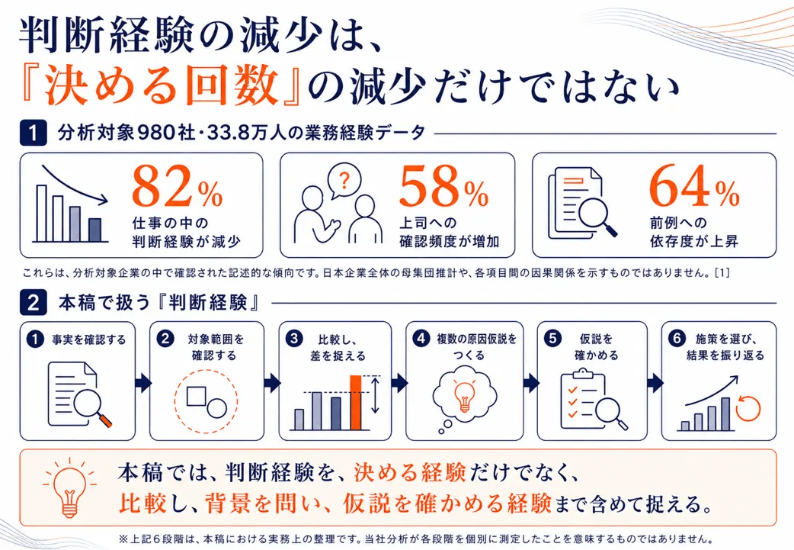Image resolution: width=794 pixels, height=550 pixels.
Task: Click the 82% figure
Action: tap(178, 187)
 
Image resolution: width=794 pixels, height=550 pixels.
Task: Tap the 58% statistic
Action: tap(443, 187)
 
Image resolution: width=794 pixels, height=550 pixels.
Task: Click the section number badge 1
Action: tap(34, 133)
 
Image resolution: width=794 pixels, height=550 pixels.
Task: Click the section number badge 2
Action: tap(34, 303)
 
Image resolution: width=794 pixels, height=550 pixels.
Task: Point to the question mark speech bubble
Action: tap(344, 181)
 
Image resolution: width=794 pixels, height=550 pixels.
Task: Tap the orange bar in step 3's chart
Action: tap(356, 403)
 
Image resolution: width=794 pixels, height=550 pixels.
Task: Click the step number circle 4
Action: tap(421, 338)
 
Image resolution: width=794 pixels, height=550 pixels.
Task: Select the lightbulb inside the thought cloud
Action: tap(464, 396)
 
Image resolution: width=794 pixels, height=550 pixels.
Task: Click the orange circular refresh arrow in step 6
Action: tap(748, 408)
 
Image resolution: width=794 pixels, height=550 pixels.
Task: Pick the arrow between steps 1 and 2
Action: tap(142, 383)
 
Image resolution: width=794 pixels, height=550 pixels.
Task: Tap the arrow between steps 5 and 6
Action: tap(655, 383)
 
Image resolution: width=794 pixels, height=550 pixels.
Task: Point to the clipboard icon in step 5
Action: tap(583, 398)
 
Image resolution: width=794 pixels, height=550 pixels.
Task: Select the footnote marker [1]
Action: tap(722, 273)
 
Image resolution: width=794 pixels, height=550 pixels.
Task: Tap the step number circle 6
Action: tap(677, 338)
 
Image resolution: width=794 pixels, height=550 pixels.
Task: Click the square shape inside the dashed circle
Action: tap(196, 397)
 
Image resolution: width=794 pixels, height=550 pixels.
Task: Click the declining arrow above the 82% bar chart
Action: tap(75, 185)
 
